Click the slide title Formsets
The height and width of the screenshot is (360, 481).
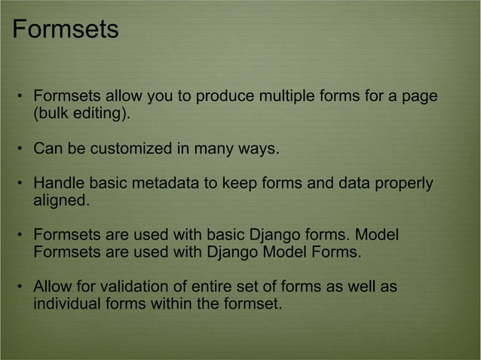pyautogui.click(x=66, y=30)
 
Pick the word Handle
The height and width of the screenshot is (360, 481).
pyautogui.click(x=58, y=185)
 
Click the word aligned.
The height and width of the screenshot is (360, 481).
pyautogui.click(x=61, y=201)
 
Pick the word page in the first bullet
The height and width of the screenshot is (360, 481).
pyautogui.click(x=421, y=98)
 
